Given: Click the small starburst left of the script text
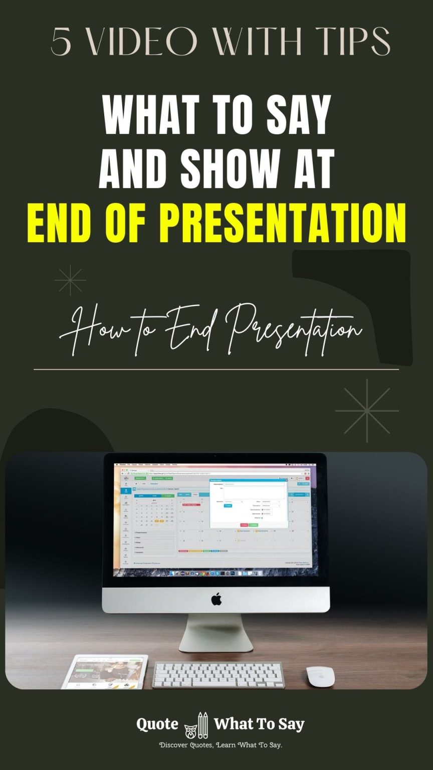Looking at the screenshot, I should pyautogui.click(x=70, y=280).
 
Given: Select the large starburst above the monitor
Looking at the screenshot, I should pyautogui.click(x=367, y=411).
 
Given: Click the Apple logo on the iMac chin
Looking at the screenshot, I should pyautogui.click(x=216, y=599).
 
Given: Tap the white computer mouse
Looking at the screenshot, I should pyautogui.click(x=320, y=676).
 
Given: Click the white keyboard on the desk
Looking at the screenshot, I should pyautogui.click(x=218, y=675).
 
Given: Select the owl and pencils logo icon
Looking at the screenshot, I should pyautogui.click(x=196, y=725).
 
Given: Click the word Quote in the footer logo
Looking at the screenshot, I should pyautogui.click(x=157, y=724).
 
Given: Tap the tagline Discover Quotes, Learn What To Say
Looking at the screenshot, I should pyautogui.click(x=221, y=745).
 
